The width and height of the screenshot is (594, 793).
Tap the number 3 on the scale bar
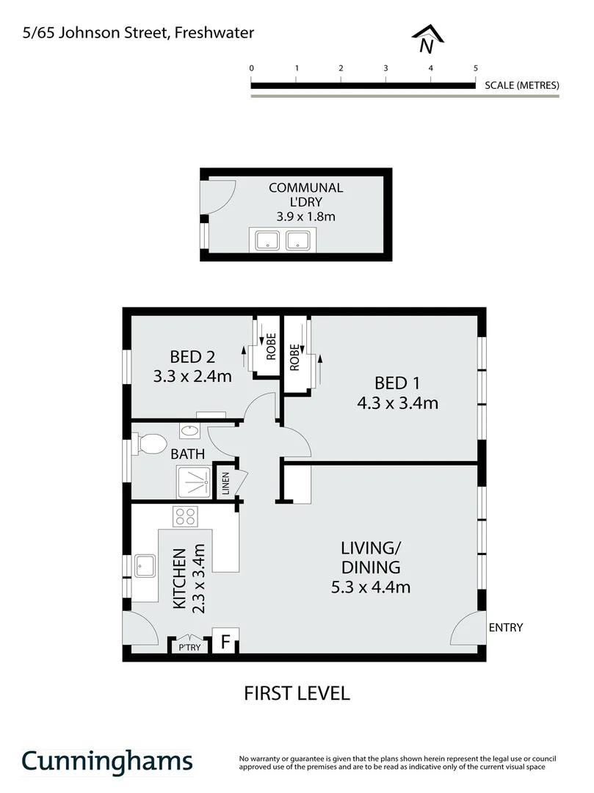[x=385, y=68]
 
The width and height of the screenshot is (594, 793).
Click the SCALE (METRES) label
[x=522, y=85]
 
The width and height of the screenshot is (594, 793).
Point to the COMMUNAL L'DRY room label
[x=305, y=195]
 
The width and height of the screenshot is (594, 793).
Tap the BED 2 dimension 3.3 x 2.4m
[x=192, y=377]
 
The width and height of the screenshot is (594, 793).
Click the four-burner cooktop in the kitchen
[x=184, y=515]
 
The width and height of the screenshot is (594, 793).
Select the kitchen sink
[x=145, y=566]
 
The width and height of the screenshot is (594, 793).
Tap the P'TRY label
[x=189, y=648]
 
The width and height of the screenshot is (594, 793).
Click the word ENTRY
[x=506, y=627]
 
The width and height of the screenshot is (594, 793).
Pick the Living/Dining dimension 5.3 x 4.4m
[x=370, y=587]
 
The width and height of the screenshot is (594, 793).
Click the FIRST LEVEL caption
[x=297, y=692]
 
